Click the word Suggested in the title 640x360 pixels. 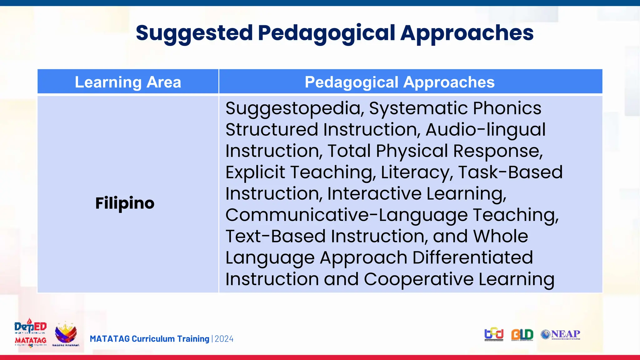tap(194, 33)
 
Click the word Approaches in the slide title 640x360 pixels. tap(467, 33)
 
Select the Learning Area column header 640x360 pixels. tap(128, 82)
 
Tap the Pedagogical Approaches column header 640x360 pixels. tap(399, 82)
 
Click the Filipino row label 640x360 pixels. tap(125, 203)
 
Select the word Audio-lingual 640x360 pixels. tap(485, 130)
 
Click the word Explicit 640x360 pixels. tap(255, 172)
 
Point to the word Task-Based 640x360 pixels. tap(510, 172)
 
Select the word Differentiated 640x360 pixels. tap(472, 258)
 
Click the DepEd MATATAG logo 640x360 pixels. tap(30, 333)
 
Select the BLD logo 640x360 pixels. tap(522, 335)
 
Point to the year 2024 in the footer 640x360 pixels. tap(224, 339)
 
